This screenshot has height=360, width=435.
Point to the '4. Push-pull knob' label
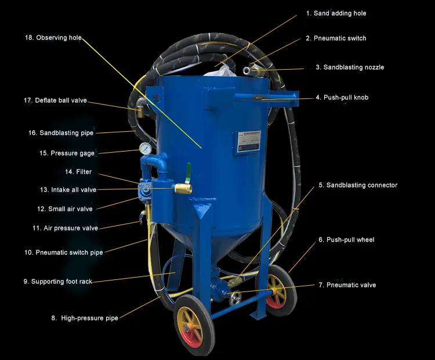coord(342,98)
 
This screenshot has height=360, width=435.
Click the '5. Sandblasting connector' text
coord(358,185)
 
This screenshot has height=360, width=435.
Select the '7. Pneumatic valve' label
coord(347,285)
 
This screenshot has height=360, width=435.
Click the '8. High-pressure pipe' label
coord(85,318)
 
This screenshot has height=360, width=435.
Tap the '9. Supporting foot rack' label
coord(57,282)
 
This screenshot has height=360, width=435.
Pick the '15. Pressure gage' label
coord(67,153)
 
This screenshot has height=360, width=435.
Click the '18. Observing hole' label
coord(53,38)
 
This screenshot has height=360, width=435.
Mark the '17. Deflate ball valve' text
coord(55,100)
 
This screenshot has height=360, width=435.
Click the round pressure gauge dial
coord(145,149)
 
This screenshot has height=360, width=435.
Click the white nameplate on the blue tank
coord(248,141)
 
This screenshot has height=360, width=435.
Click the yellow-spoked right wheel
coord(276,288)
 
